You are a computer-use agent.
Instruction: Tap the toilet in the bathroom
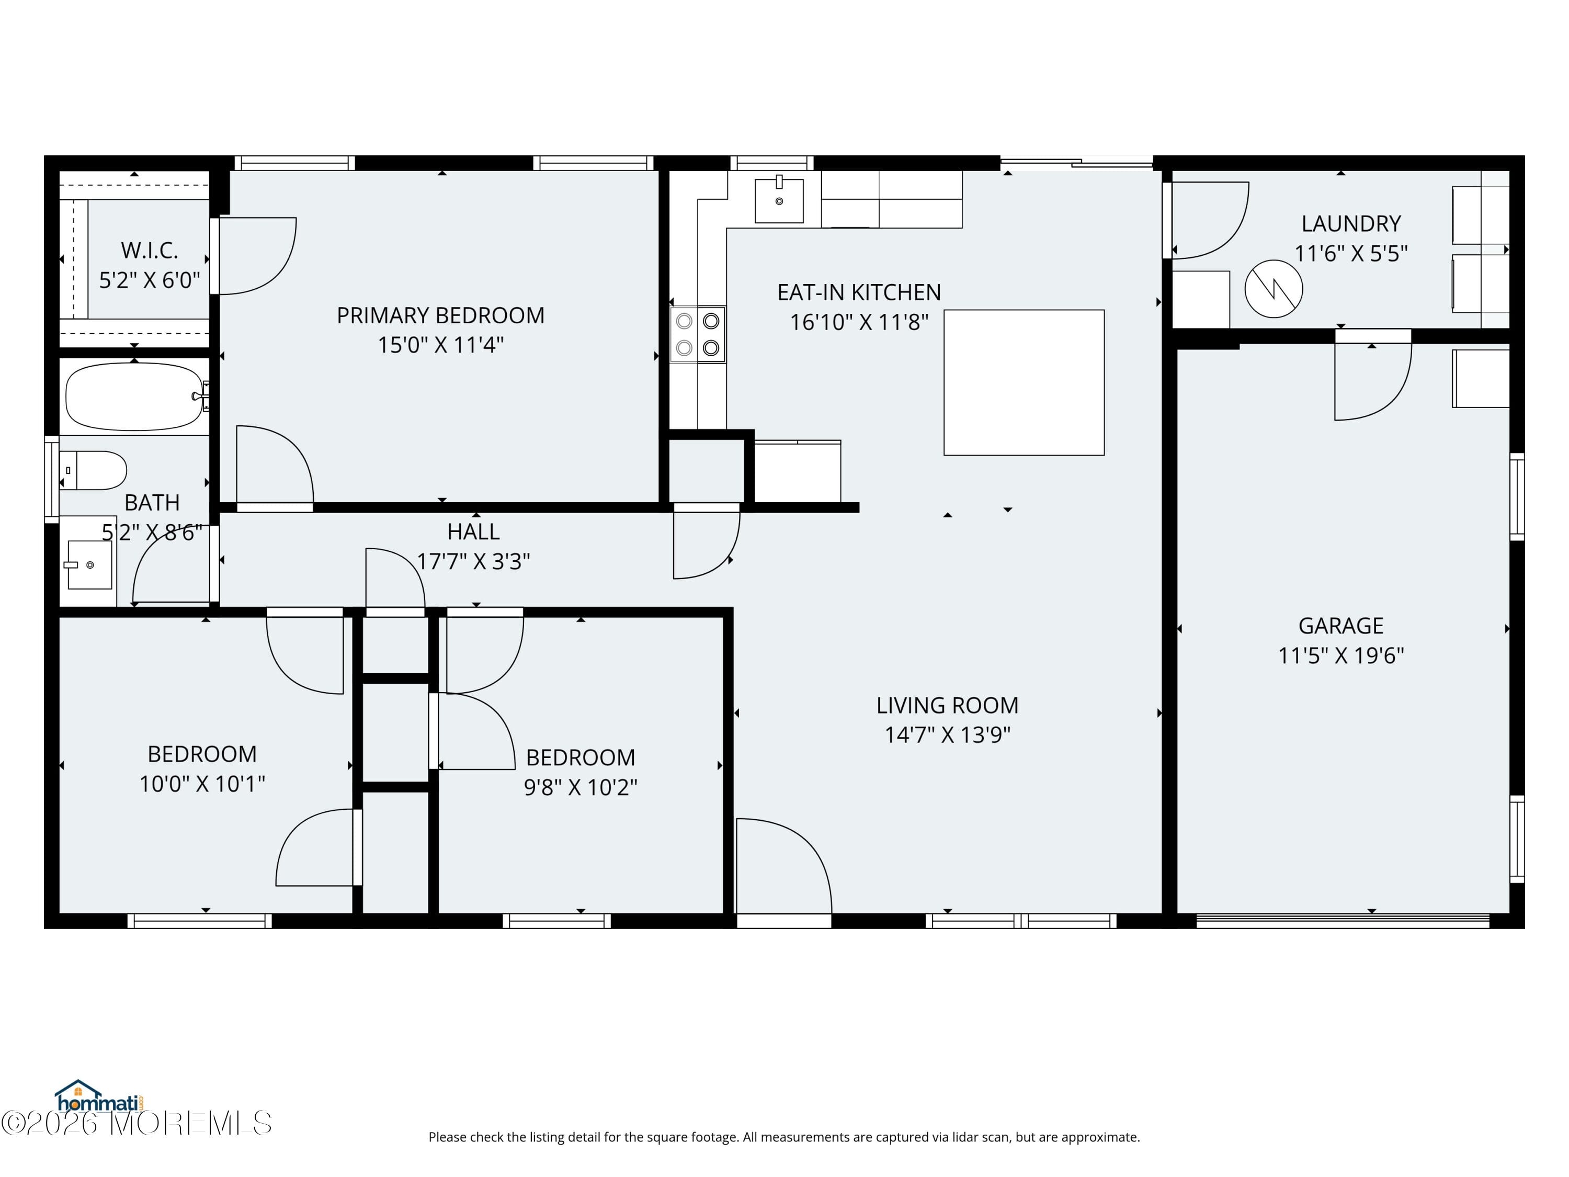(x=94, y=470)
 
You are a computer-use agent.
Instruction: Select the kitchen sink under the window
(x=779, y=201)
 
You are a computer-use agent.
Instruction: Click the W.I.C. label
(x=149, y=251)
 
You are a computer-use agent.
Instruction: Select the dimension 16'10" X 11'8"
(x=859, y=322)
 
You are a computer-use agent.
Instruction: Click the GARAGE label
(x=1340, y=626)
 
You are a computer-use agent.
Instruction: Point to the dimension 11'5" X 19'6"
(x=1340, y=655)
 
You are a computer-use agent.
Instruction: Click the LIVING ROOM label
(x=947, y=705)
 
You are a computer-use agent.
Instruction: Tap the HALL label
(x=473, y=531)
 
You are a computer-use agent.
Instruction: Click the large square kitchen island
(x=1024, y=382)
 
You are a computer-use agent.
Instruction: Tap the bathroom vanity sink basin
(x=89, y=565)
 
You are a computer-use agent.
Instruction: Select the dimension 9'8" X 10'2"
(x=580, y=787)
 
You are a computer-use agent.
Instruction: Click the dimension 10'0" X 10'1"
(x=202, y=784)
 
